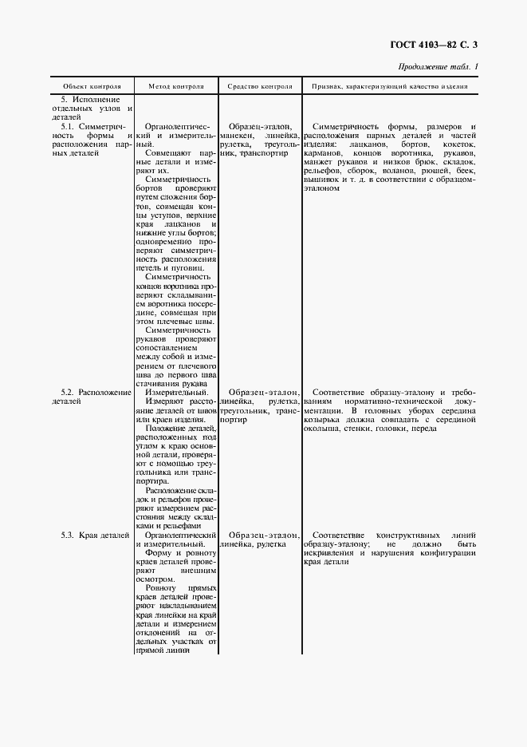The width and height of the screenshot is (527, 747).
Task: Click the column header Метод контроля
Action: (175, 85)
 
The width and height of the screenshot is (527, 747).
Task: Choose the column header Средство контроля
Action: (259, 85)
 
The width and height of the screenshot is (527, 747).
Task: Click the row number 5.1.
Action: (69, 126)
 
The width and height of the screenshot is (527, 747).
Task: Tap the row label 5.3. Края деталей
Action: (94, 534)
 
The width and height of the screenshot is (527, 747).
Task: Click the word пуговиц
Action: (198, 268)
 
